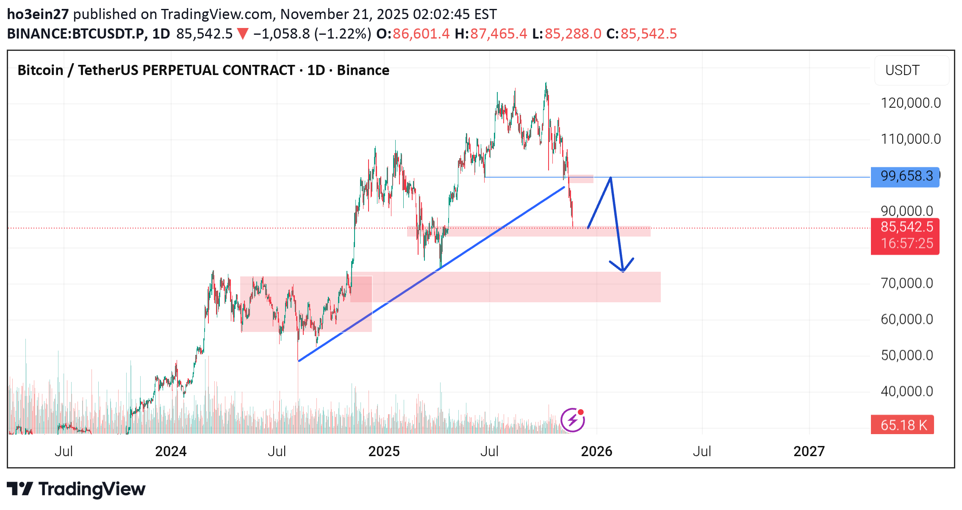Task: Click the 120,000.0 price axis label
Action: click(x=911, y=103)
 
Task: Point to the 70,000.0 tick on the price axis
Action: click(x=907, y=283)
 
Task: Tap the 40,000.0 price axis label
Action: click(x=907, y=391)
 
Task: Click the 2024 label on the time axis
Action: click(x=171, y=451)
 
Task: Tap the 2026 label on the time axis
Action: click(x=596, y=451)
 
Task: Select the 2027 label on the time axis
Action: click(x=809, y=451)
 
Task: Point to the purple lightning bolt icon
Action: click(x=573, y=420)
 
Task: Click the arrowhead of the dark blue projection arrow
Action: click(x=623, y=270)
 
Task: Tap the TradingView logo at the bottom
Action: click(x=76, y=489)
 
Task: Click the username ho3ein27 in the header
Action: click(x=38, y=14)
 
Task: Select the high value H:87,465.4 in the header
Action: click(x=491, y=34)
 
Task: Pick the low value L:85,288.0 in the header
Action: click(x=566, y=34)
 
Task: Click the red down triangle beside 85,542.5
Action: click(x=243, y=34)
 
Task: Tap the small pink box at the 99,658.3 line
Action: click(x=581, y=179)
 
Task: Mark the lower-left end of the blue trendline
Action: click(x=299, y=361)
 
